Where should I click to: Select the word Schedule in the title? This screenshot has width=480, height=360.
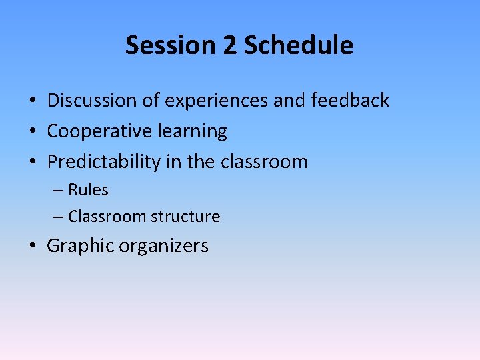tap(298, 45)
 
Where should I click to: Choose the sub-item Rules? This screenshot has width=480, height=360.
tap(88, 190)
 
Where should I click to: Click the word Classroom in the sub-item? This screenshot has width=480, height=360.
tap(107, 217)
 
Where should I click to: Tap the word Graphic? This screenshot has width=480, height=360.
tap(80, 246)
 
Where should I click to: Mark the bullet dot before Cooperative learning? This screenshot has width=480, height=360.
tap(32, 132)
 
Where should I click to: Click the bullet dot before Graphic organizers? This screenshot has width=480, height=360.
tap(32, 247)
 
